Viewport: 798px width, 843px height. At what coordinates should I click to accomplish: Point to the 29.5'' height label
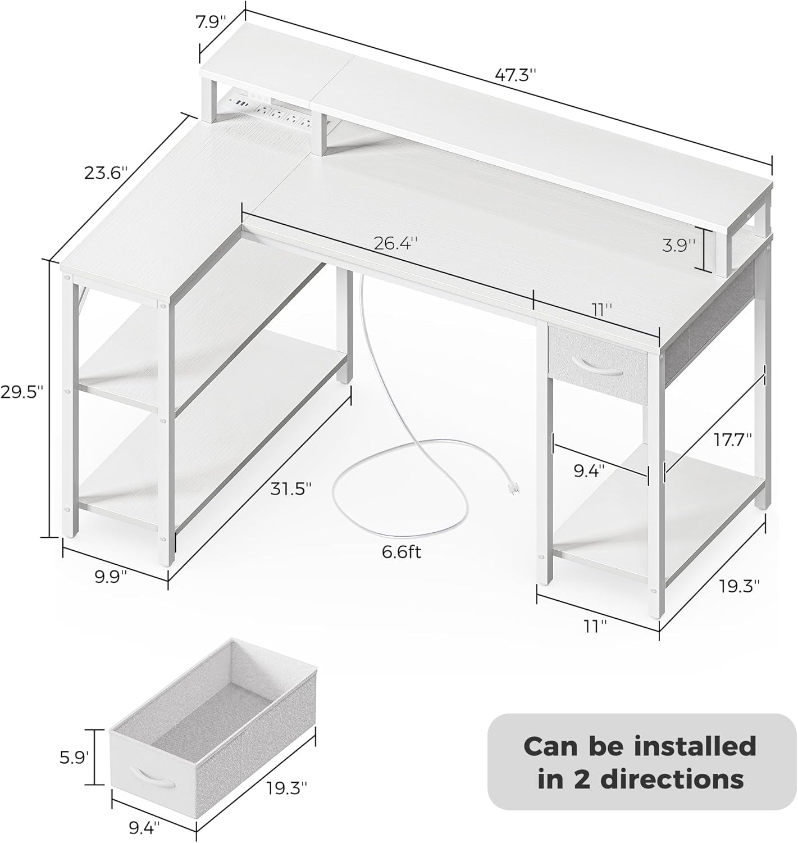(x=22, y=392)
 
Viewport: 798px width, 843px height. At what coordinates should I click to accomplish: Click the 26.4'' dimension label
(x=396, y=243)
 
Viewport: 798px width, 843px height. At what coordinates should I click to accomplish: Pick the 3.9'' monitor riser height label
(x=678, y=245)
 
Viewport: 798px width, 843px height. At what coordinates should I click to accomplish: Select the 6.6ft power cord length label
(x=401, y=552)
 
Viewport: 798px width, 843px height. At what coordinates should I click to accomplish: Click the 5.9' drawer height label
(x=74, y=758)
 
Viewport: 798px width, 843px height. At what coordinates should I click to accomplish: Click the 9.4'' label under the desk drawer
(x=589, y=470)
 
